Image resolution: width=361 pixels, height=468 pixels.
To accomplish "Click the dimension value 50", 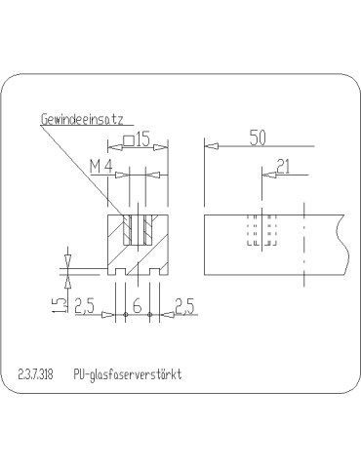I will pos(257,138).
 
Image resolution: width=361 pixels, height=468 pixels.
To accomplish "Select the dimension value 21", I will pos(282,167).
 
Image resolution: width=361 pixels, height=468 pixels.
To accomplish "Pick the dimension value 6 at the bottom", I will pos(137,307).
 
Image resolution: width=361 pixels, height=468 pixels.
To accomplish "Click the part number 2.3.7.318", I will pos(35,374).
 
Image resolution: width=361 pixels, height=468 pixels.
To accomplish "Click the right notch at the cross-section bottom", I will pos(158,265).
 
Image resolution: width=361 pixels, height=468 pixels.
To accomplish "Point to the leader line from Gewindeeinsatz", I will pos(83,175).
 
